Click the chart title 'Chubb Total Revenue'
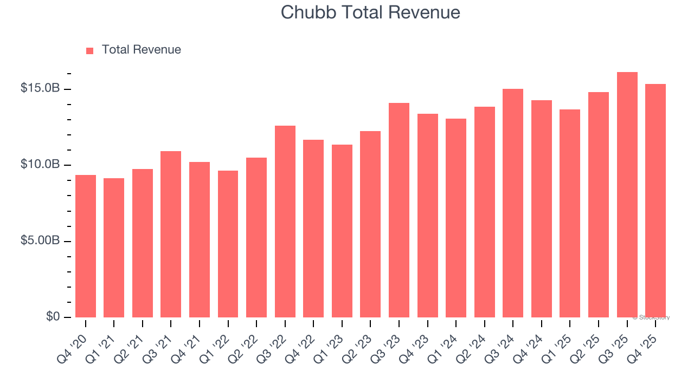370,12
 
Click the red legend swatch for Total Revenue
90,50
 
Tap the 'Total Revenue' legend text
141,50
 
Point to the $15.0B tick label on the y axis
40,88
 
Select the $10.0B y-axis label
40,164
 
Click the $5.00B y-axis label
40,240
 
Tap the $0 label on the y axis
52,316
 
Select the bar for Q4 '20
86,246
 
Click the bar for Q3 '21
171,235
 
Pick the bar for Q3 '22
285,222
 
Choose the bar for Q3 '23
399,210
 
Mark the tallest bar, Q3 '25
627,195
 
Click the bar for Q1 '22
228,244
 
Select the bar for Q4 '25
656,200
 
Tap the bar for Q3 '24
513,203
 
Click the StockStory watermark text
651,317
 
